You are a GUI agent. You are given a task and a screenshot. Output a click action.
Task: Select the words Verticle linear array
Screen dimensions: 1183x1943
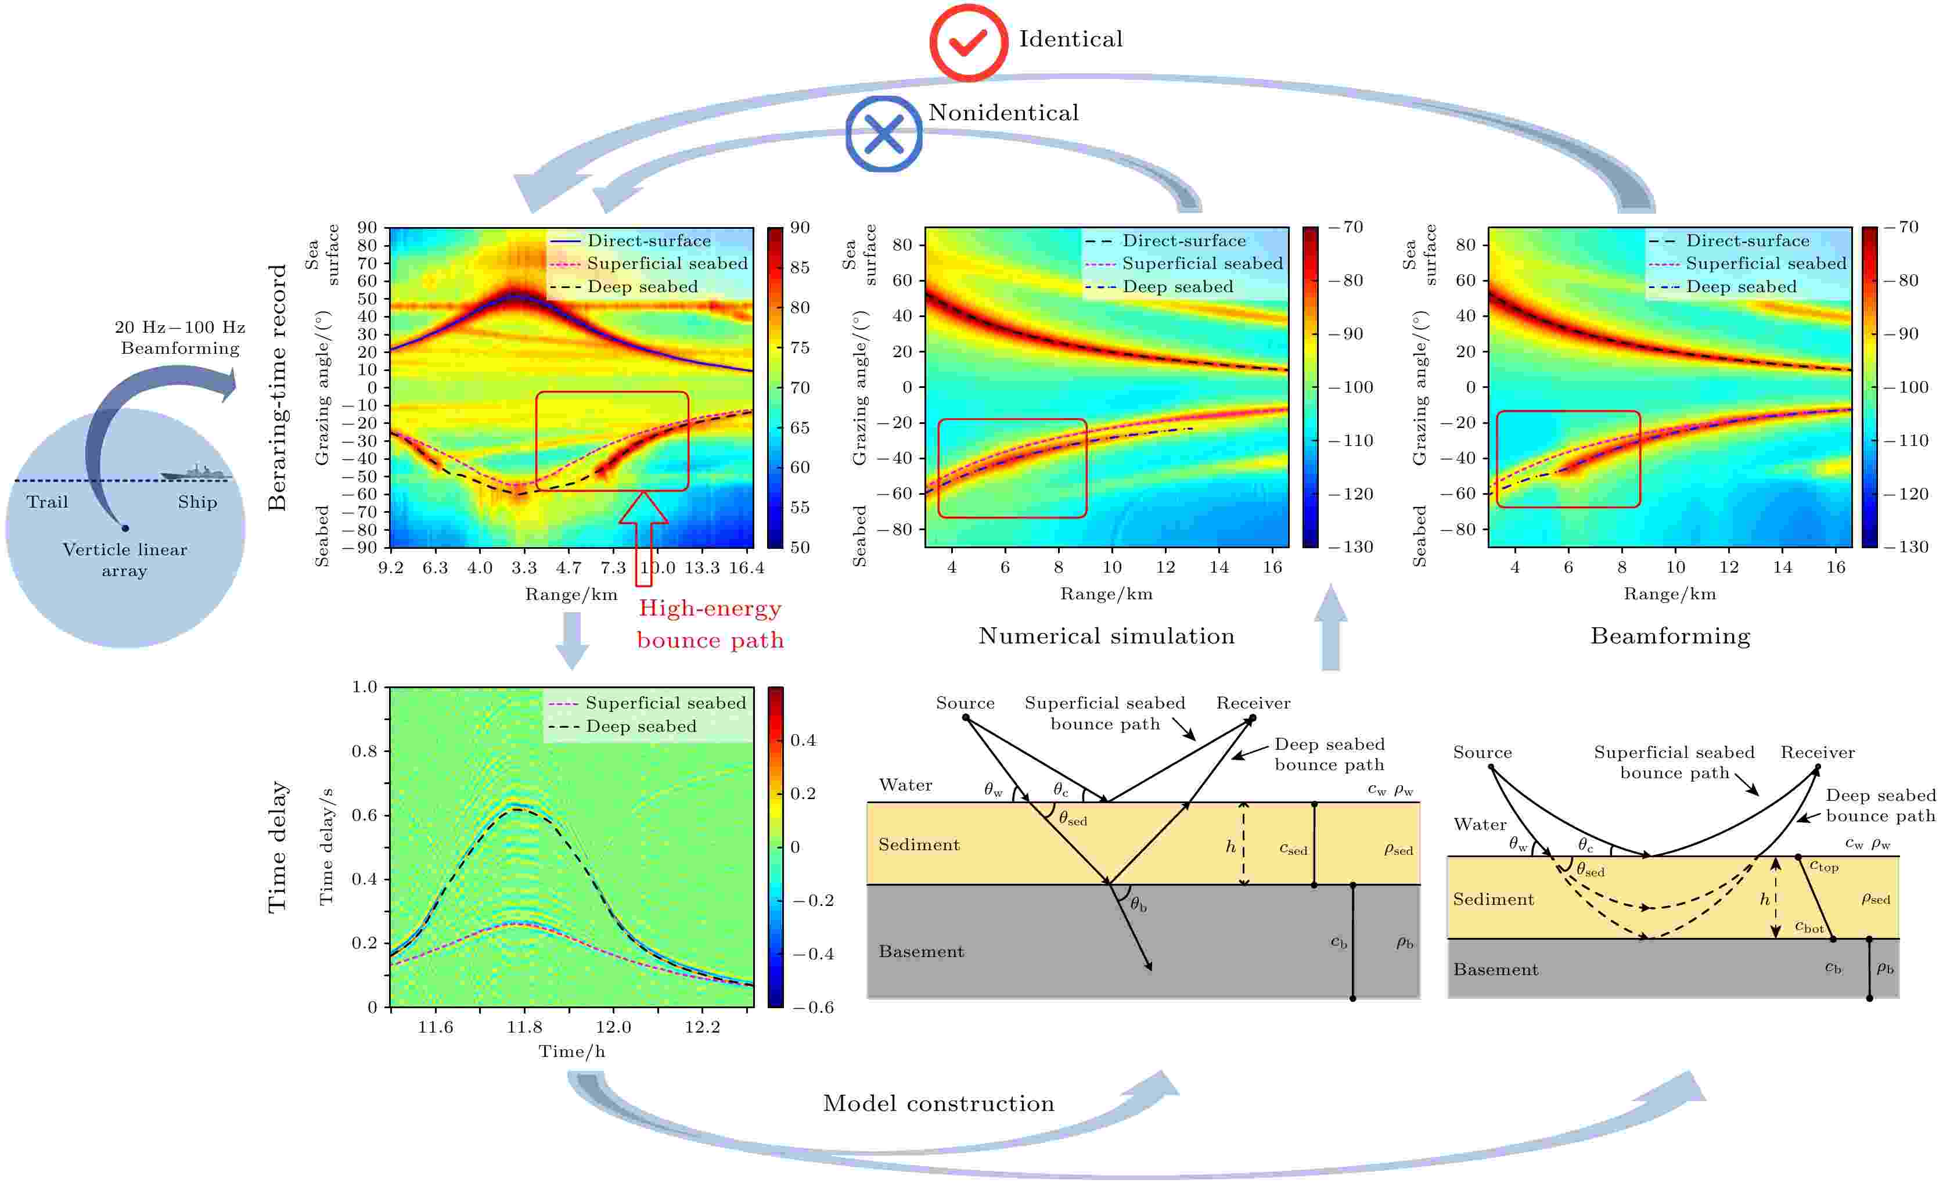pyautogui.click(x=125, y=560)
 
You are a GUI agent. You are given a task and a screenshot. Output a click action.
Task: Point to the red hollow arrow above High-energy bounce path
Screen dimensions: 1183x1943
pyautogui.click(x=643, y=536)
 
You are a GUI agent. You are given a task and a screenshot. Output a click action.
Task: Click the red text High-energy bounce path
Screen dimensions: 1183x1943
pyautogui.click(x=710, y=624)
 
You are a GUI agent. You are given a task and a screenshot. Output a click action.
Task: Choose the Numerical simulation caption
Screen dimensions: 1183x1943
pyautogui.click(x=1106, y=637)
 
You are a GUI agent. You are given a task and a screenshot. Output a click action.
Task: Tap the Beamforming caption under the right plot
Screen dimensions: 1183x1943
pyautogui.click(x=1669, y=637)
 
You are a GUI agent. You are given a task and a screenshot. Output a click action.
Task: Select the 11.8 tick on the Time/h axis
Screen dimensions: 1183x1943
pyautogui.click(x=524, y=1027)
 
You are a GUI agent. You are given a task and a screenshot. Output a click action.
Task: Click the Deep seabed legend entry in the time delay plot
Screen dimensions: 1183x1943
pyautogui.click(x=641, y=727)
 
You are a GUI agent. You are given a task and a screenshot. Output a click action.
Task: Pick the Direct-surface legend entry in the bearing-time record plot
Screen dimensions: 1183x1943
pyautogui.click(x=648, y=240)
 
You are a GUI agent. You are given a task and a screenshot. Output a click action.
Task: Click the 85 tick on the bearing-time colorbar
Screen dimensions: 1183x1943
pyautogui.click(x=800, y=267)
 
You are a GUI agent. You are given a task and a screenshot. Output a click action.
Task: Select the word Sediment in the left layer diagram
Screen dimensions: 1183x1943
pyautogui.click(x=919, y=844)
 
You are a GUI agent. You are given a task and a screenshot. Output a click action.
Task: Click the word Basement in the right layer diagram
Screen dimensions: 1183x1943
pyautogui.click(x=1495, y=970)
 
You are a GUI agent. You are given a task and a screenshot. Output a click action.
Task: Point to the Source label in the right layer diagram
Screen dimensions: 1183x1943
pyautogui.click(x=1482, y=753)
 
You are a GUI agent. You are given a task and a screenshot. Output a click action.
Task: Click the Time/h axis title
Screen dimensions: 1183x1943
pyautogui.click(x=572, y=1051)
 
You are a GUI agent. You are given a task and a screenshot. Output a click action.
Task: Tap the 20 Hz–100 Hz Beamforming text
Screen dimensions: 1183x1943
pyautogui.click(x=180, y=337)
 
